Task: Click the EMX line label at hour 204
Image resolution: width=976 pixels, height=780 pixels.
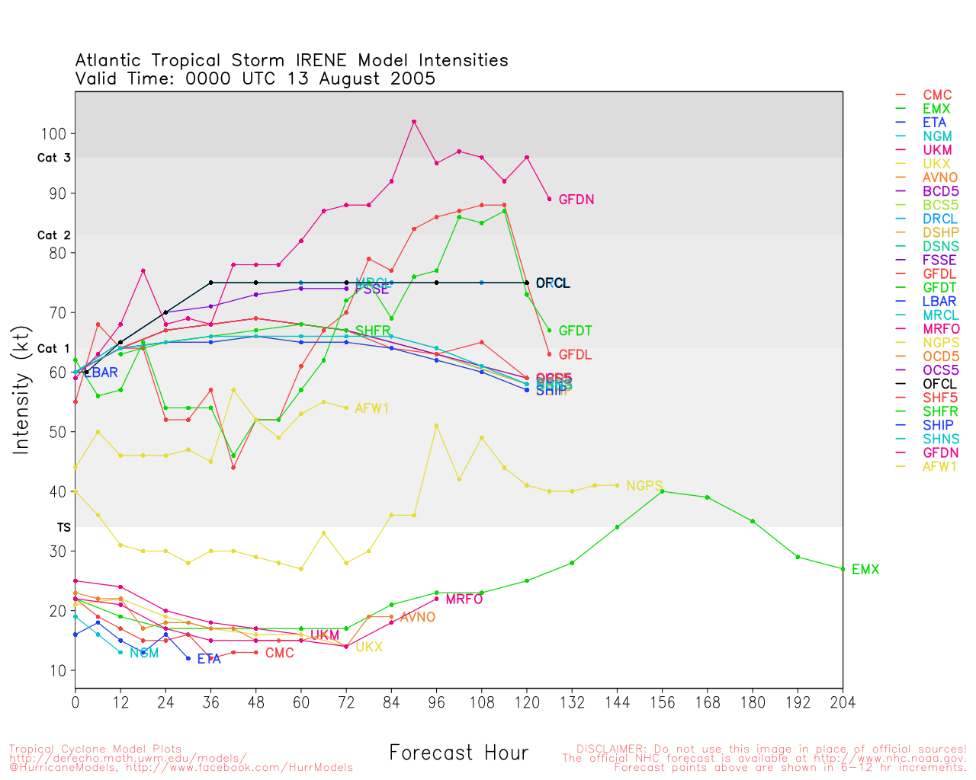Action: pos(865,570)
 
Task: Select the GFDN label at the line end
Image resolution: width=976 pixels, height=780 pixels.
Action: pos(576,200)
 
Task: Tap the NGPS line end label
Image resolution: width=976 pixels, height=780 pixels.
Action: pos(644,486)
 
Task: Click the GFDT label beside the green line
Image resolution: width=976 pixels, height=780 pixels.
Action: pos(575,331)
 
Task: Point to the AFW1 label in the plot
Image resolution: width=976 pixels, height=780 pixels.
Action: pos(372,408)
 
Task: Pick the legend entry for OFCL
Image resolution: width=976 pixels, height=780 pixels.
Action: pos(939,384)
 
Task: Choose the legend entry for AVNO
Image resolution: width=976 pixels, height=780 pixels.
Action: pos(940,177)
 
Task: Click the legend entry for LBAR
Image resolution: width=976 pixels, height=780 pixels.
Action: pos(939,301)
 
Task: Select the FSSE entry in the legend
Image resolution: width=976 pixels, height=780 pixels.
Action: pos(939,260)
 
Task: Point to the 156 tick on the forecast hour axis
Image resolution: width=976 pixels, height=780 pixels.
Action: pos(662,702)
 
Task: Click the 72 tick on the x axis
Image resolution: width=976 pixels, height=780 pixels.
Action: pos(346,702)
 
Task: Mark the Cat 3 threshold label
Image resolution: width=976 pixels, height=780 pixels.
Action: pos(53,158)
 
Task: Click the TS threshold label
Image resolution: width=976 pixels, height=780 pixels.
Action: pos(63,527)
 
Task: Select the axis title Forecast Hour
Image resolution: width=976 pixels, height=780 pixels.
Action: pos(458,753)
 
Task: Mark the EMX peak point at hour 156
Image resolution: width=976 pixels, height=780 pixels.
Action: pos(662,491)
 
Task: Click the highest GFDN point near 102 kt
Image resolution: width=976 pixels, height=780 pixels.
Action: pos(413,122)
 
